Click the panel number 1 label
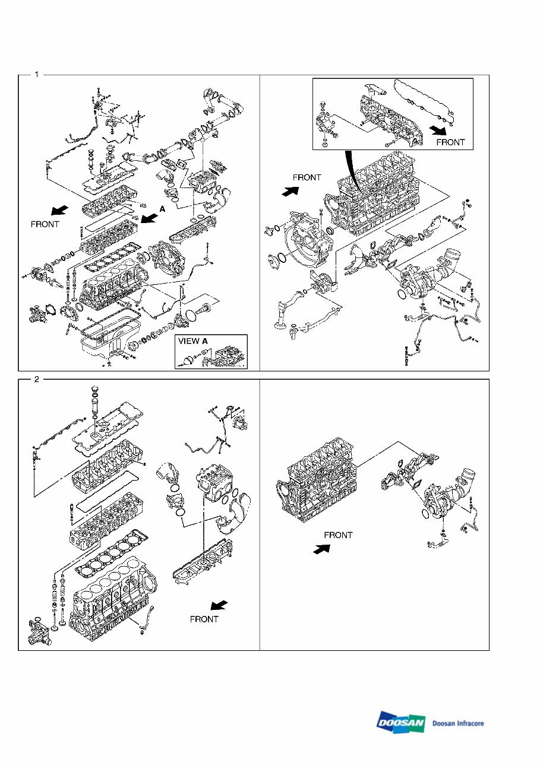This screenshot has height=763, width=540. (36, 75)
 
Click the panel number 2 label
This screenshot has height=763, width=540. (36, 380)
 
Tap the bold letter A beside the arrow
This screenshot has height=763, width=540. (162, 209)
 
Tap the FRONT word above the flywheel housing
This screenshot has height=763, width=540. (307, 177)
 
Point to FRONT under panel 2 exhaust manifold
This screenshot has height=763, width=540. (204, 619)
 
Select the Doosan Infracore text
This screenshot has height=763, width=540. (458, 723)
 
